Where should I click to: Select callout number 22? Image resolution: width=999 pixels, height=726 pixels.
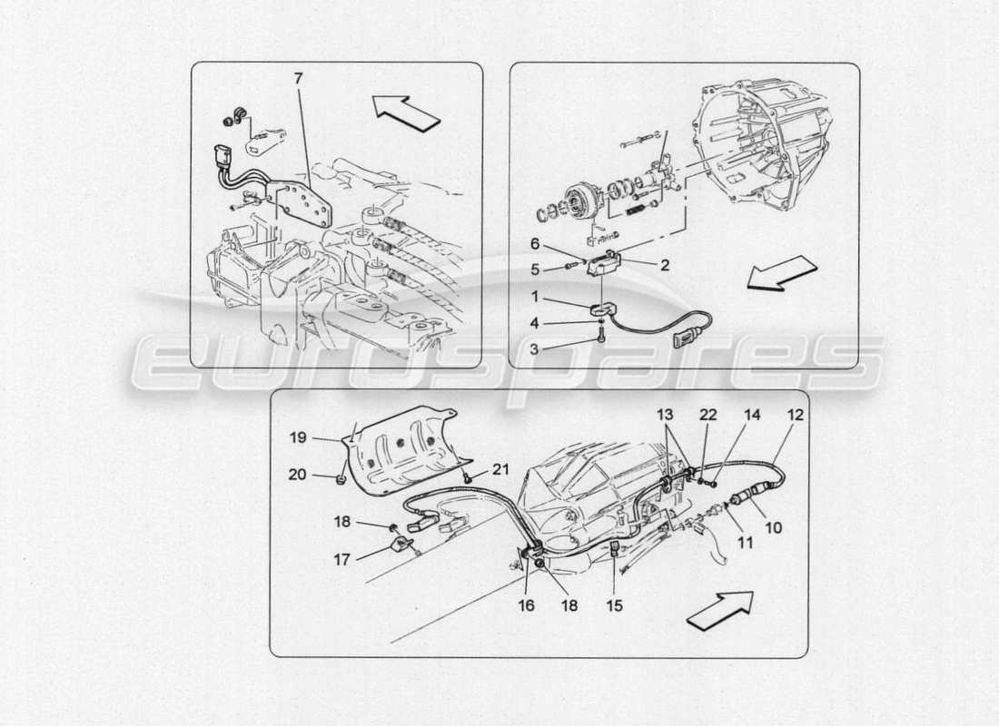click(707, 414)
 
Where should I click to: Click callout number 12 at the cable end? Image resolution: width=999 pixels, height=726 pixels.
click(796, 414)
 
